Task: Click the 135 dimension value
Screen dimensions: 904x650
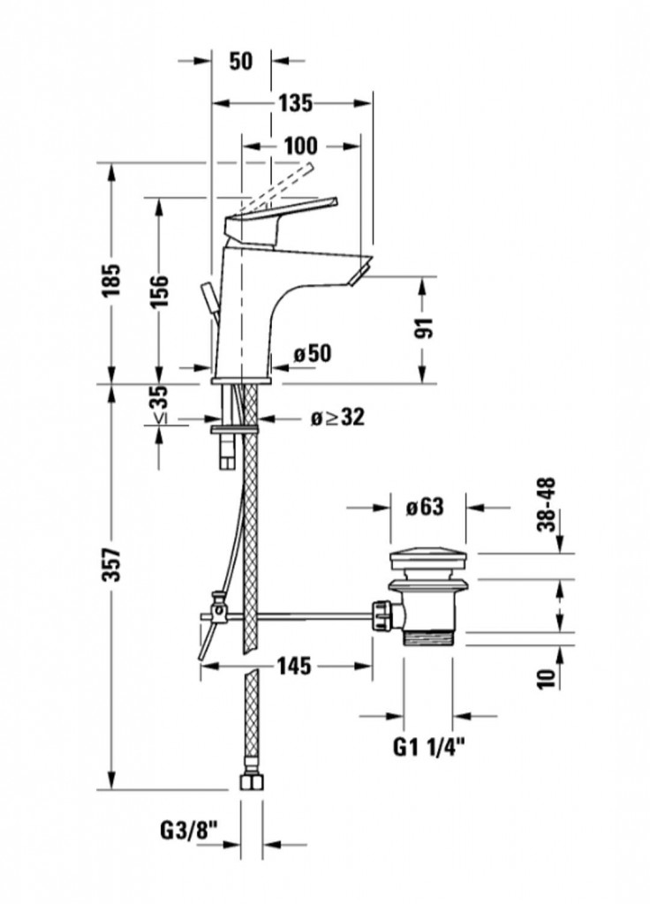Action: (296, 103)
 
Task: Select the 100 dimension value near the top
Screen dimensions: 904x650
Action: (300, 146)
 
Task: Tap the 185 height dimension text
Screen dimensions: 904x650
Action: (111, 281)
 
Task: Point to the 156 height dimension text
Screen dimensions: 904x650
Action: (159, 291)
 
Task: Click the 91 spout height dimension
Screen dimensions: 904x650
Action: (426, 328)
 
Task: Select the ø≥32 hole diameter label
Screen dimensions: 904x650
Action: (337, 418)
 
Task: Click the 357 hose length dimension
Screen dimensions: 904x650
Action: (112, 566)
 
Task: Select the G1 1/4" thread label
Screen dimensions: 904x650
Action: (429, 748)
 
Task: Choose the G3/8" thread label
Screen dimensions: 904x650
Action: (189, 831)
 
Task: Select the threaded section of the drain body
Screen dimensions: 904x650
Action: (429, 636)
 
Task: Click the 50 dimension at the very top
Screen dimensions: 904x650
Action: (240, 61)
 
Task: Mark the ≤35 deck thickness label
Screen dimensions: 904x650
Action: (160, 404)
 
